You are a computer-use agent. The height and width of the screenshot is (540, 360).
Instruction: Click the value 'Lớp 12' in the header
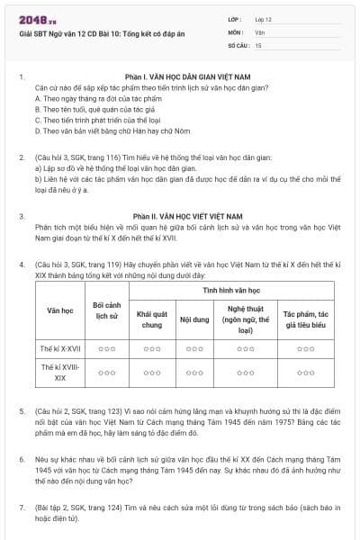(264, 18)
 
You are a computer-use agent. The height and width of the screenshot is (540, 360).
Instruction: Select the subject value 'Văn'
(259, 31)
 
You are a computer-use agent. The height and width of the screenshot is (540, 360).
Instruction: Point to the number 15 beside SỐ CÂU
(258, 43)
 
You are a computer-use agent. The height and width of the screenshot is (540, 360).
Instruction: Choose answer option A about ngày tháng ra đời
(83, 99)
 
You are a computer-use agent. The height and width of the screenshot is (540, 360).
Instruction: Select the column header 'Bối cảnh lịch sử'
(107, 310)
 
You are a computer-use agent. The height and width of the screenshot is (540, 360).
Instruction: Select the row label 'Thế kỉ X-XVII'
(61, 347)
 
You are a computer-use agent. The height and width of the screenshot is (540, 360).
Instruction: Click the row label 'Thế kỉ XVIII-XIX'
(61, 373)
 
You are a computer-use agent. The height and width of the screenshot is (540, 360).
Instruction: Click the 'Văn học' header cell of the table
(61, 310)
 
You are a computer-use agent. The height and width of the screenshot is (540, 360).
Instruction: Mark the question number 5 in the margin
(22, 410)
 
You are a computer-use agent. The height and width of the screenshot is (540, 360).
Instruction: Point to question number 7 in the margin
(22, 508)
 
